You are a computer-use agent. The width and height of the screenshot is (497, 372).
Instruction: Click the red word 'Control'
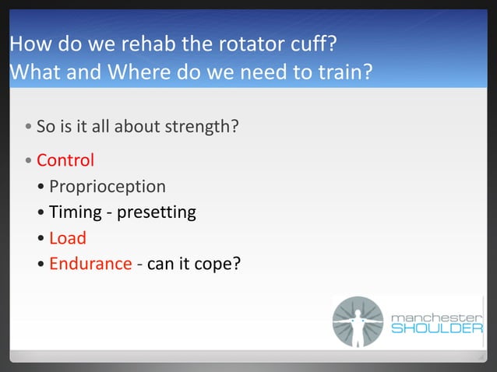65,161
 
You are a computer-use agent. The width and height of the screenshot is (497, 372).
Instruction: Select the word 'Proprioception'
108,187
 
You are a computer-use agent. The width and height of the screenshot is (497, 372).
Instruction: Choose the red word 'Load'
68,238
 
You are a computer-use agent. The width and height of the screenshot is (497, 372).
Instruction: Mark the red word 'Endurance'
90,264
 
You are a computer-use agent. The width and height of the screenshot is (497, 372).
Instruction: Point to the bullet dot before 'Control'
29,162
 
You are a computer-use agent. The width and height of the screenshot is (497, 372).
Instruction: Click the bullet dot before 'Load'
41,239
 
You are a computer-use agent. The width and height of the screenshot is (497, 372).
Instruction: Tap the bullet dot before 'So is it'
29,126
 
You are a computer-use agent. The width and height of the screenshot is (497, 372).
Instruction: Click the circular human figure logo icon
358,321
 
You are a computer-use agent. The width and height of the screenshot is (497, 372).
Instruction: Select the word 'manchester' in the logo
436,316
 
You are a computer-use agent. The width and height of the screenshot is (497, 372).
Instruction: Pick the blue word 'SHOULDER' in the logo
436,329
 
